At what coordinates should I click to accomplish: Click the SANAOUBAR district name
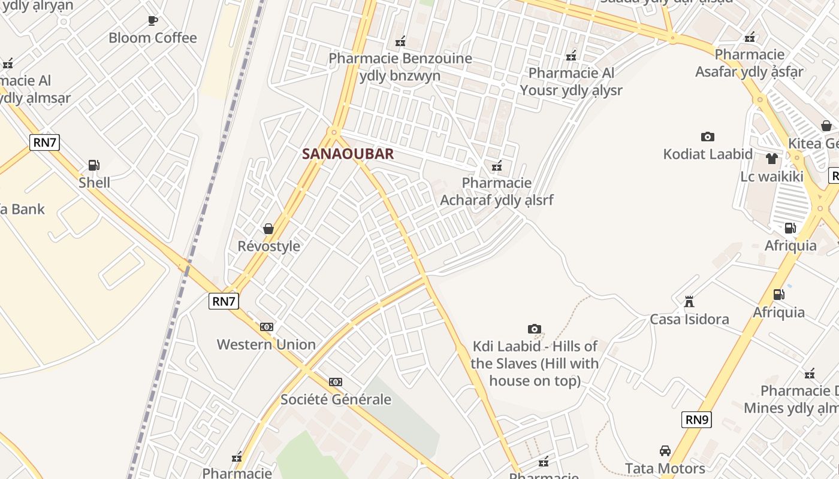point(348,154)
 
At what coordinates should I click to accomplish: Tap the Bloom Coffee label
point(152,38)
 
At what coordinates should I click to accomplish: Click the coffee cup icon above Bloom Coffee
point(153,21)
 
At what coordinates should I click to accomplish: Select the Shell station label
point(94,182)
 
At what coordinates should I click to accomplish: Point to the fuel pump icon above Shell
point(93,165)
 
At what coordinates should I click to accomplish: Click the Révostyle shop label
point(268,246)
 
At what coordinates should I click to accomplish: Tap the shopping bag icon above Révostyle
point(268,229)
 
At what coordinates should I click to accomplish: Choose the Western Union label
point(266,344)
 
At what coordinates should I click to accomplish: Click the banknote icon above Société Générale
point(336,382)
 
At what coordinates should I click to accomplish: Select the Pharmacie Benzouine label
point(400,67)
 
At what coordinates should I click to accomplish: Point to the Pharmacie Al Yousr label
point(571,81)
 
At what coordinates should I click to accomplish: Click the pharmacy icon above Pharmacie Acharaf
point(496,166)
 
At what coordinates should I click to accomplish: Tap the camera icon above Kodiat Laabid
point(707,137)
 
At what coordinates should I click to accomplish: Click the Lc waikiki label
point(771,177)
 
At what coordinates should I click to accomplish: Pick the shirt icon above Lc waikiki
point(771,159)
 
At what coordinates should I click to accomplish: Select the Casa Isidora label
point(689,319)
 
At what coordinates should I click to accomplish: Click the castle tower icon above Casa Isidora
point(689,301)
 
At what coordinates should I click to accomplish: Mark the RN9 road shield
point(696,420)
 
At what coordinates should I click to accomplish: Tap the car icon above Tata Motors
point(665,451)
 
